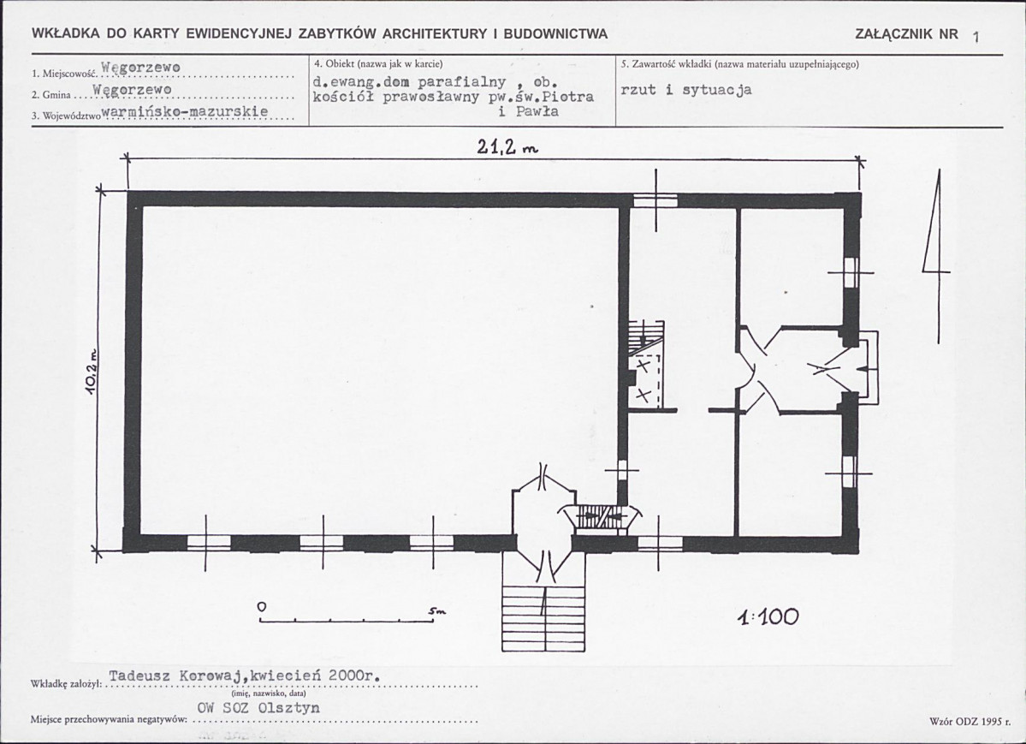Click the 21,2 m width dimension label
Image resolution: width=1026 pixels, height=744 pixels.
[x=507, y=148]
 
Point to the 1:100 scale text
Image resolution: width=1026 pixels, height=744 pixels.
[x=768, y=616]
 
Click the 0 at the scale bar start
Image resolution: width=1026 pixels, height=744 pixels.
[x=262, y=607]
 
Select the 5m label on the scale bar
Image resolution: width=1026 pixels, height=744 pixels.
[x=436, y=611]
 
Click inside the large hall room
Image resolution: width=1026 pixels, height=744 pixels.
[x=380, y=370]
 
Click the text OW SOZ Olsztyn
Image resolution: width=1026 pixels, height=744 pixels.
[x=258, y=708]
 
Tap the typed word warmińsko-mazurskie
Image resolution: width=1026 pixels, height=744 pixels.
[x=186, y=111]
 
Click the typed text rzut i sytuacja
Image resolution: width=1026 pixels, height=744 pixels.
[x=685, y=90]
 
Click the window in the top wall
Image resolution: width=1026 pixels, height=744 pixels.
[x=655, y=200]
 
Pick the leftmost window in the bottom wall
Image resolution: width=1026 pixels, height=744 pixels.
[x=209, y=543]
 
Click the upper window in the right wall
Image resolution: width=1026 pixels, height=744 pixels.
[x=850, y=272]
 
